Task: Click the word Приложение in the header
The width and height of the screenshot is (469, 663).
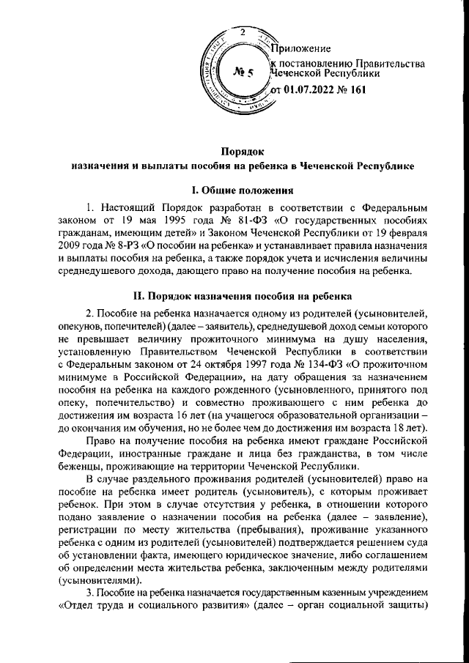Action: pyautogui.click(x=301, y=48)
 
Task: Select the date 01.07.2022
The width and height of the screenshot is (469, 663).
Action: pyautogui.click(x=311, y=89)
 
